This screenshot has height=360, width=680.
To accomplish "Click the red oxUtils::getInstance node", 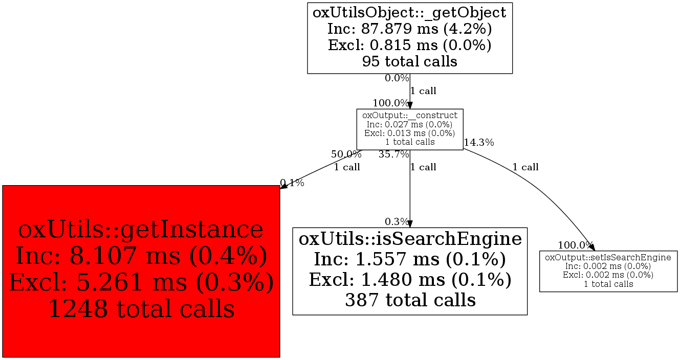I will tap(141, 271).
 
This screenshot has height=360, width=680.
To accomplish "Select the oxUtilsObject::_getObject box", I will tap(409, 38).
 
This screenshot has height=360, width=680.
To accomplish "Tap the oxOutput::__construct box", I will tap(409, 129).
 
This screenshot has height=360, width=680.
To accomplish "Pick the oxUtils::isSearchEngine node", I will tap(409, 271).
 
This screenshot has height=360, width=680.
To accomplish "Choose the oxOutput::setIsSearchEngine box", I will tap(608, 271).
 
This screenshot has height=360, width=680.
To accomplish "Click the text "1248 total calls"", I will tap(141, 309).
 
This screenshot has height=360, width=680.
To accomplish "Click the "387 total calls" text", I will tap(410, 300).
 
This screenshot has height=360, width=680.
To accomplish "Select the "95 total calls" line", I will tap(409, 61).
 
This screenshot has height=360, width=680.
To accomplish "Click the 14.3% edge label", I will tap(479, 143).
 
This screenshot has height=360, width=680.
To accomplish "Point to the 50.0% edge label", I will tap(346, 154).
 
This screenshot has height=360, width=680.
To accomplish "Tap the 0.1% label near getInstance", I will tap(293, 183).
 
